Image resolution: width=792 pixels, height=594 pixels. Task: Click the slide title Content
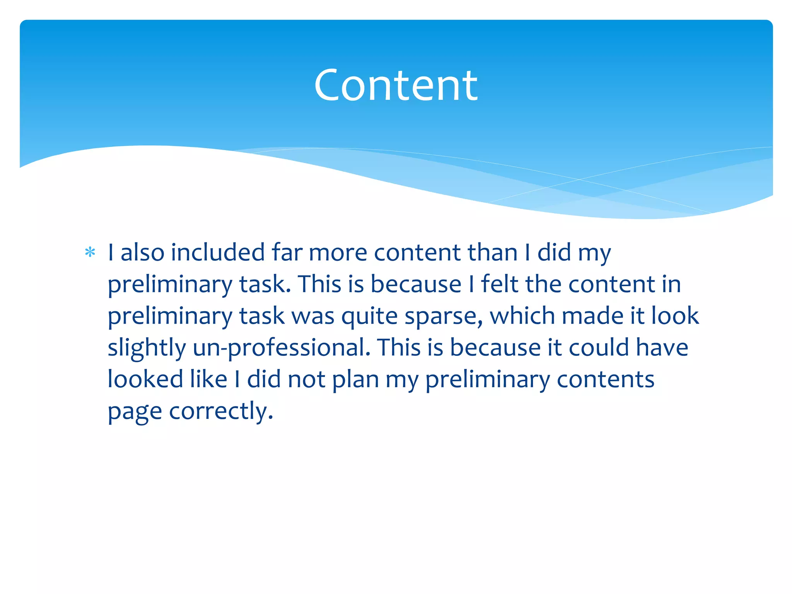tap(396, 85)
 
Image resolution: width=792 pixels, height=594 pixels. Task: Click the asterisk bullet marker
tap(90, 253)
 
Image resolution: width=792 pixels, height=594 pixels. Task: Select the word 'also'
tap(142, 253)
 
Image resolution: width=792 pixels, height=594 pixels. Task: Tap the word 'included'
tap(218, 253)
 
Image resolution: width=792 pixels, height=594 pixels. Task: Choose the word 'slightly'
tap(147, 348)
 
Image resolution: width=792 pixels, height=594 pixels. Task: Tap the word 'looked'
tap(145, 379)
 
